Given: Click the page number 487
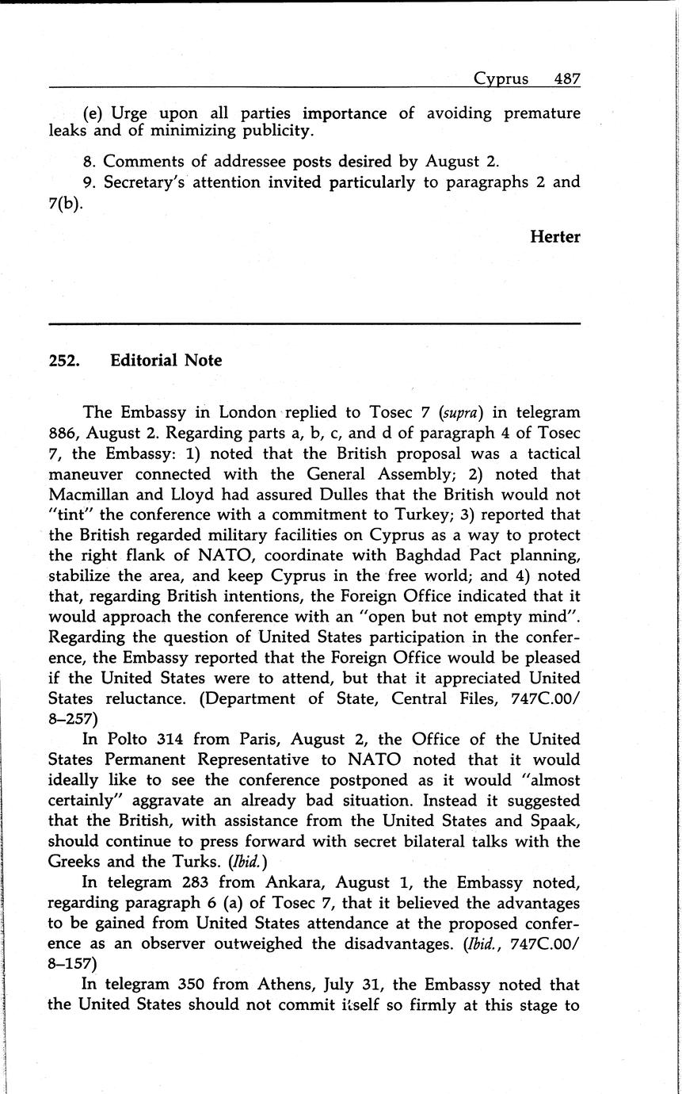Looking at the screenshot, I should (567, 78).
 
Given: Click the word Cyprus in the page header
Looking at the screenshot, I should (501, 78).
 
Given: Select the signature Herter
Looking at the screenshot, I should (554, 237).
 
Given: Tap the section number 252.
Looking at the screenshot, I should (63, 361).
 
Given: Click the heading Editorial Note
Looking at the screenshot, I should (166, 361).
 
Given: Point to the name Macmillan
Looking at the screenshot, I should (88, 495).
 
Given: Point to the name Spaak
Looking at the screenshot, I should (555, 820).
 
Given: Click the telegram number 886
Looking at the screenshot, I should (64, 434).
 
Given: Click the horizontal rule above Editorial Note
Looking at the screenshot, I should (314, 323).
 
